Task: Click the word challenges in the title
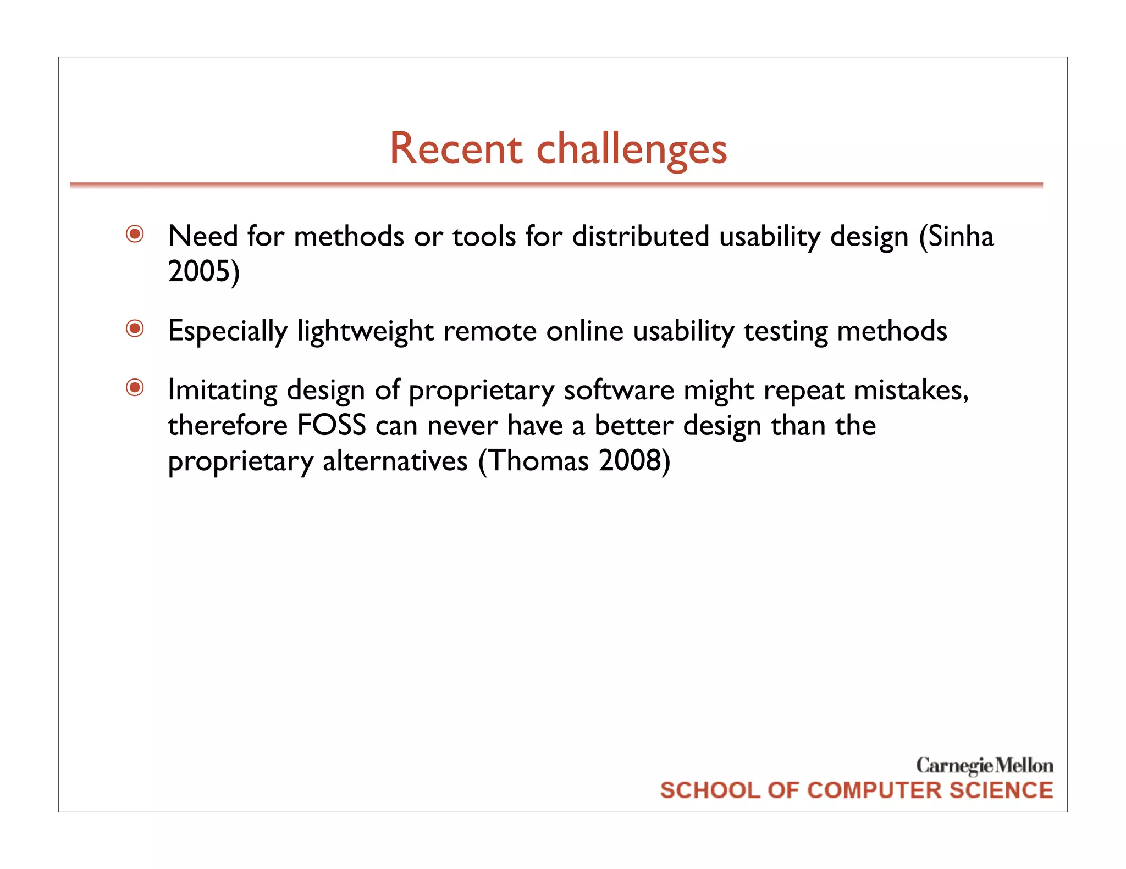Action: coord(631,149)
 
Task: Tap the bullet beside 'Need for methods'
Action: coord(135,235)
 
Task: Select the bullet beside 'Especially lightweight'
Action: coord(135,329)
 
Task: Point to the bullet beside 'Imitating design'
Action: coord(135,388)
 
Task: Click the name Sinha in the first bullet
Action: coord(961,236)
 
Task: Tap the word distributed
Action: coord(641,236)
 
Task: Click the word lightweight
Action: coord(366,331)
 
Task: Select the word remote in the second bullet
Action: coord(490,331)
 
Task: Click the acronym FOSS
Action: coord(332,425)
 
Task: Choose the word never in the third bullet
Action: coord(462,426)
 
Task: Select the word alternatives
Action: coord(395,460)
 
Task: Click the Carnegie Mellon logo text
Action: coord(984,765)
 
